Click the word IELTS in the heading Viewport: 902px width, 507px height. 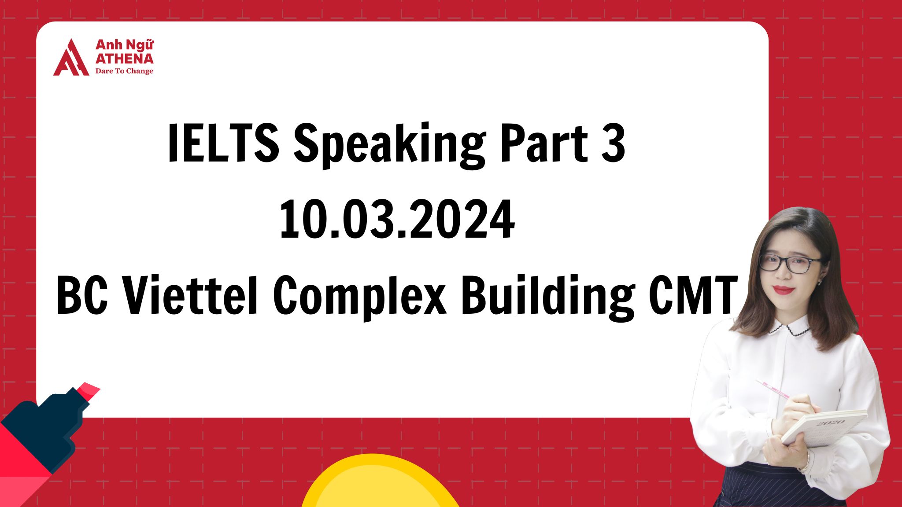[223, 143]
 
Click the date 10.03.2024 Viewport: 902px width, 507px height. [397, 219]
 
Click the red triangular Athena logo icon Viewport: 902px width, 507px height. [71, 59]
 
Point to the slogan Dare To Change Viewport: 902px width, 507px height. [124, 71]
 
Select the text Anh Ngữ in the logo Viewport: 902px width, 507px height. [124, 45]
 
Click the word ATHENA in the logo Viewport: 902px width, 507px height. [124, 59]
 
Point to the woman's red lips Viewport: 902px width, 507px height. [783, 290]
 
